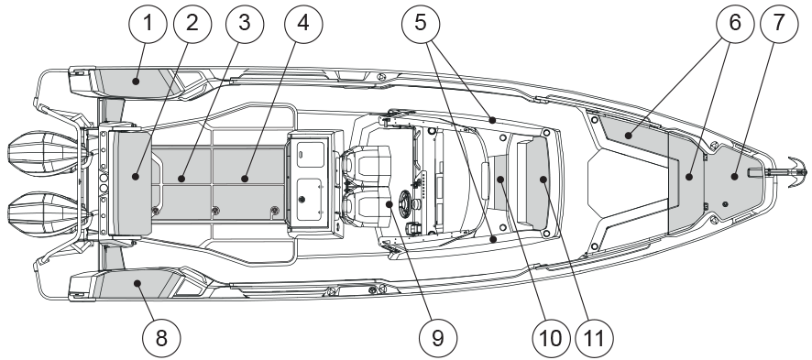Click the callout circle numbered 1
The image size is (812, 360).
(148, 24)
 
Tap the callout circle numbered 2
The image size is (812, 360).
(192, 24)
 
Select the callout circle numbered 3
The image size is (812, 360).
(245, 24)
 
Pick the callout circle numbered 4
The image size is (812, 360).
(303, 24)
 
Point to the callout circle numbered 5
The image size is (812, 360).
(421, 24)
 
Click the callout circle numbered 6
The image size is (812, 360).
(734, 24)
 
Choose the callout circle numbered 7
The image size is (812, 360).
(779, 24)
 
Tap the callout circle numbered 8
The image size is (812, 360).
(161, 339)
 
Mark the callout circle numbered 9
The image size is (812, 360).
(438, 339)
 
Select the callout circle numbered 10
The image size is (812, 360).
(551, 339)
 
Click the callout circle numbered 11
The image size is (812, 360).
(594, 339)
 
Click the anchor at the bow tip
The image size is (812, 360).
(793, 171)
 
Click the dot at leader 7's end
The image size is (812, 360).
(734, 177)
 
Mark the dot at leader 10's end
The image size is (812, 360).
(500, 179)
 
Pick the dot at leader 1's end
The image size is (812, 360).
(136, 82)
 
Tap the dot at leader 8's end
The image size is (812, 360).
(137, 283)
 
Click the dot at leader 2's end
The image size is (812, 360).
(135, 177)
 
